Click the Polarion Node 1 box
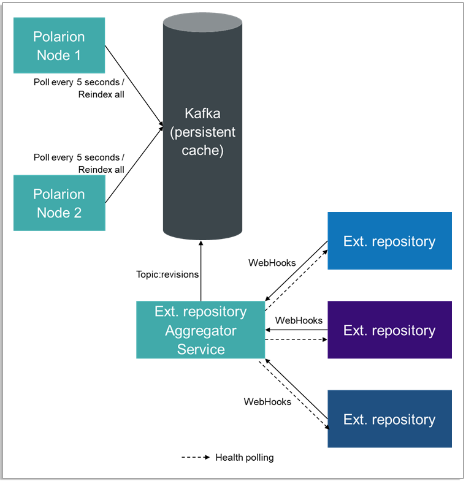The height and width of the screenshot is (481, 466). (59, 45)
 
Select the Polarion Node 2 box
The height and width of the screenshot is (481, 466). (59, 203)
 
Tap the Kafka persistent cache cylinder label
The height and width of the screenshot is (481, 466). (202, 132)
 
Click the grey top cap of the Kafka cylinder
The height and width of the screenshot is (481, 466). (202, 23)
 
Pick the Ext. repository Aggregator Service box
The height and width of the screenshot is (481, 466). (201, 330)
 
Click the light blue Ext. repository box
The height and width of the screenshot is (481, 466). (389, 241)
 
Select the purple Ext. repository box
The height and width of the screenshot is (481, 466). (389, 330)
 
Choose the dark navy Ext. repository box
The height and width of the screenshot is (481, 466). (389, 419)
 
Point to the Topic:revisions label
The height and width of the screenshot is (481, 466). (167, 275)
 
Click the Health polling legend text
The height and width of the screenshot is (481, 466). (245, 457)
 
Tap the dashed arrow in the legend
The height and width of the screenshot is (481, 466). (196, 457)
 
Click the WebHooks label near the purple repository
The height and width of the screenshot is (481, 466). (299, 320)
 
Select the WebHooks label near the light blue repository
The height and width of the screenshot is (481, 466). (272, 263)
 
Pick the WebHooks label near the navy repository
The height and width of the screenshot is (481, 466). (267, 401)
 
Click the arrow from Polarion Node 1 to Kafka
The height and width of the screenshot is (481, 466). (134, 86)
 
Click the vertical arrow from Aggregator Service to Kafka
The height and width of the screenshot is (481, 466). (201, 271)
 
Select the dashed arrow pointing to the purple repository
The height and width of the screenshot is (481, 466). (296, 339)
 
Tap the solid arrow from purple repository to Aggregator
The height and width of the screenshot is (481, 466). (296, 330)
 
